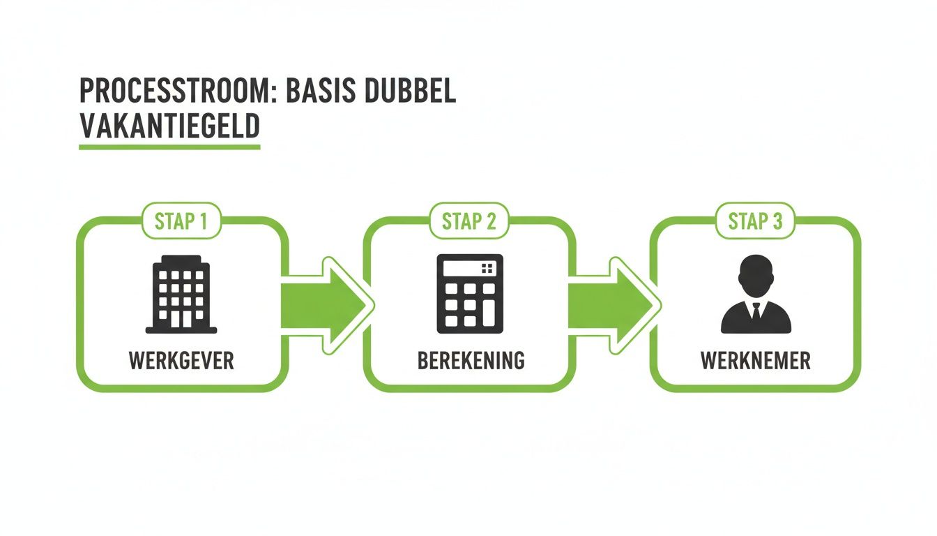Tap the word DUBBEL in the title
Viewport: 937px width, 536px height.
414,92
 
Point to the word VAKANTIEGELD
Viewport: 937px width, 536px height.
169,128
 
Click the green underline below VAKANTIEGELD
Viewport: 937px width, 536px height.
169,147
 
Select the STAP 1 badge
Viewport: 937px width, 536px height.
181,221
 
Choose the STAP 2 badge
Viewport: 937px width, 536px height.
469,221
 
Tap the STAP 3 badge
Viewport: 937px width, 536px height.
756,221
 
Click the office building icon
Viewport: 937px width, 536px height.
181,294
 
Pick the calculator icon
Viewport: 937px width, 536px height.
469,294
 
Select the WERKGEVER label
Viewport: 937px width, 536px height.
181,361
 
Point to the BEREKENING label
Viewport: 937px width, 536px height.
471,361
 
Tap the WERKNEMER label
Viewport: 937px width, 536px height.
756,361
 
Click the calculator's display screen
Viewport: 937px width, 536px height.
461,269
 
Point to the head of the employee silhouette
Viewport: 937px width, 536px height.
756,276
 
